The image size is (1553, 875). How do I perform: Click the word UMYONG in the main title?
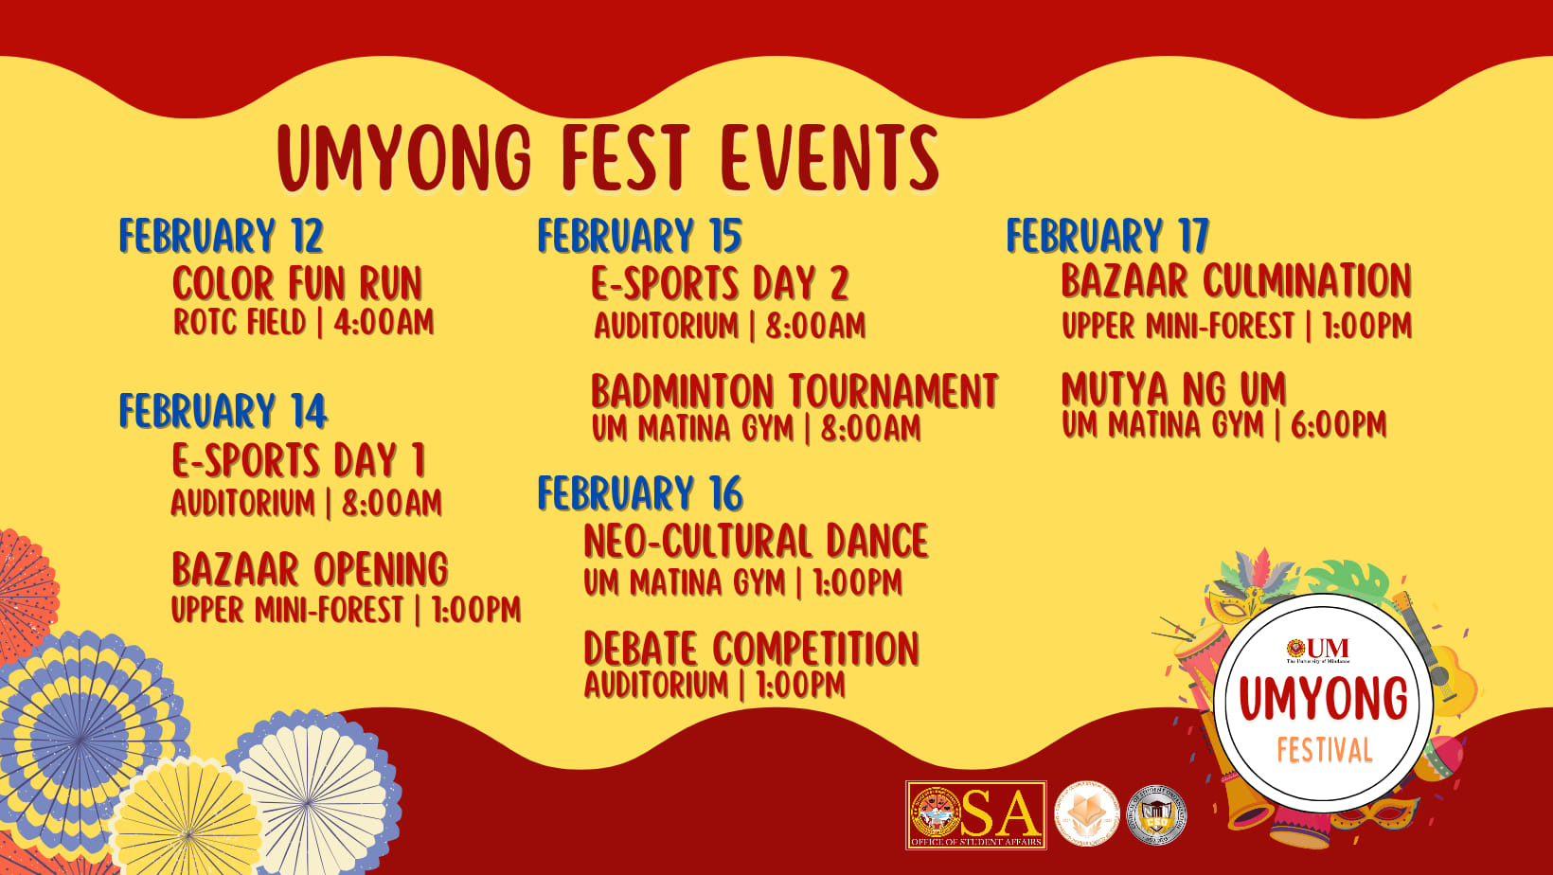pyautogui.click(x=405, y=157)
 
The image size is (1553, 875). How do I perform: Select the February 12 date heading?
pyautogui.click(x=221, y=236)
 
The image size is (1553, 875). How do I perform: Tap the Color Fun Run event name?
pyautogui.click(x=296, y=283)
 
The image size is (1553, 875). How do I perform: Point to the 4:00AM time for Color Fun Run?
pyautogui.click(x=384, y=323)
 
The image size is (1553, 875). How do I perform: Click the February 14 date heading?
pyautogui.click(x=223, y=411)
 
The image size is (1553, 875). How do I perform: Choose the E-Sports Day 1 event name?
pyautogui.click(x=298, y=460)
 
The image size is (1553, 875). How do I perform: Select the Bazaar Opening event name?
pyautogui.click(x=310, y=569)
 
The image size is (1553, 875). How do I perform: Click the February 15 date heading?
pyautogui.click(x=639, y=236)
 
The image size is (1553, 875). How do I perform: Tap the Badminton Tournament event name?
pyautogui.click(x=794, y=391)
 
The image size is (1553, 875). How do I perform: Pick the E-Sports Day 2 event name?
pyautogui.click(x=720, y=283)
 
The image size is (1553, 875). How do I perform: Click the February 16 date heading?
pyautogui.click(x=640, y=493)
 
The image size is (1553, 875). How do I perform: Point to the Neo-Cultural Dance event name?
pyautogui.click(x=756, y=541)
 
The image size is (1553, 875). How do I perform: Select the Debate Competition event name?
pyautogui.click(x=751, y=649)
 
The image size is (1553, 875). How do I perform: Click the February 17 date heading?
pyautogui.click(x=1107, y=236)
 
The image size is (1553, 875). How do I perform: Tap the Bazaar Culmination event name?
pyautogui.click(x=1236, y=280)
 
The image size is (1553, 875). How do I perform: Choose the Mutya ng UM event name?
pyautogui.click(x=1173, y=388)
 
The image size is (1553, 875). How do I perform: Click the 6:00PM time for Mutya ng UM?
pyautogui.click(x=1338, y=425)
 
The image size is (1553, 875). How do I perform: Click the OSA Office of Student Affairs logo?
pyautogui.click(x=975, y=814)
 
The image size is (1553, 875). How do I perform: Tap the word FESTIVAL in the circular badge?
pyautogui.click(x=1324, y=751)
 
